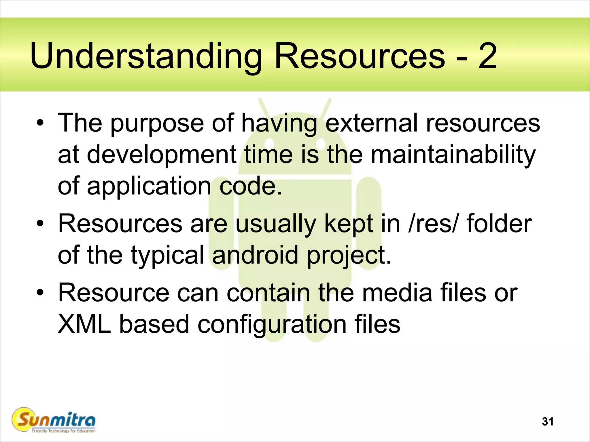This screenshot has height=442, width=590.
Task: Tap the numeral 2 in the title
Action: tap(487, 56)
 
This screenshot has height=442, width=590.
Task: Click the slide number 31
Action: tap(547, 422)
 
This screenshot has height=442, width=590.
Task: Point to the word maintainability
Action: tap(453, 154)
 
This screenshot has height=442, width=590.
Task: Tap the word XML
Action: tap(84, 324)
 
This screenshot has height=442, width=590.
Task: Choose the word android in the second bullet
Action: tap(255, 255)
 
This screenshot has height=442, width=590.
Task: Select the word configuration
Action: tap(272, 325)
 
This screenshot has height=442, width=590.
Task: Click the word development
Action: tap(161, 155)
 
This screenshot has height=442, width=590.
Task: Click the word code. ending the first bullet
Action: tap(251, 186)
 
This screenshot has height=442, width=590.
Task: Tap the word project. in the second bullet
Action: tap(349, 256)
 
